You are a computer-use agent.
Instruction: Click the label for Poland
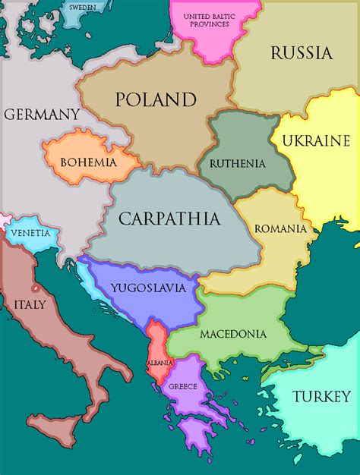(x=156, y=99)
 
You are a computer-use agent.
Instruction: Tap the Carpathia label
(x=169, y=219)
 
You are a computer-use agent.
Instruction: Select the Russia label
(x=302, y=53)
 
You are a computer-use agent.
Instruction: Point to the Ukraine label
(x=315, y=140)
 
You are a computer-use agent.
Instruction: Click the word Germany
(x=42, y=115)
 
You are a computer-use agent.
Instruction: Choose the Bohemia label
(x=88, y=162)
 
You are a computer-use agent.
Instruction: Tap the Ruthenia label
(x=237, y=163)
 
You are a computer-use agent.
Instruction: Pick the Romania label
(x=280, y=228)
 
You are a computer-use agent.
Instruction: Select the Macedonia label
(x=232, y=334)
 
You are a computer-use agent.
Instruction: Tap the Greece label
(x=183, y=386)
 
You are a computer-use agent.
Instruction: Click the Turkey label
(x=322, y=396)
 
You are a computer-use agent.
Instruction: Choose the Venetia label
(x=31, y=233)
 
